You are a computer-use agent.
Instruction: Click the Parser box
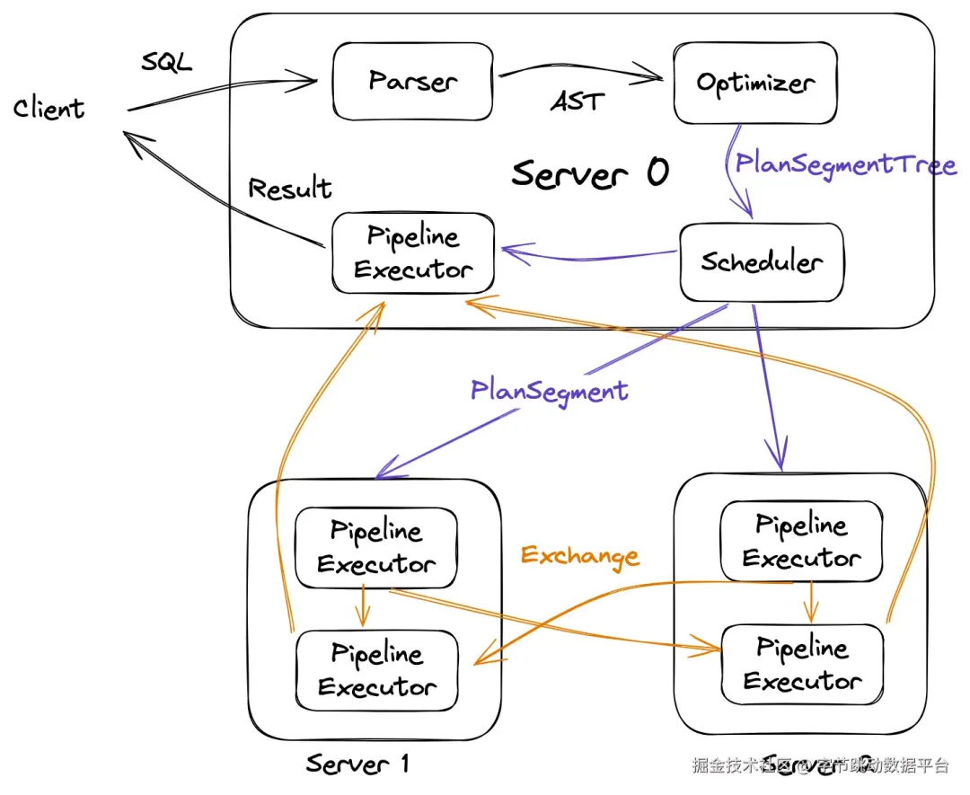click(412, 82)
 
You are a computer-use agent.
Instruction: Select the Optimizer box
click(755, 83)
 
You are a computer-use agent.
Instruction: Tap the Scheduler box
click(762, 262)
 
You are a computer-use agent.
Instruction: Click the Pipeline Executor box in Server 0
click(413, 253)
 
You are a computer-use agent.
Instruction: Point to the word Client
click(49, 109)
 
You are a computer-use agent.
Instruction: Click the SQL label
click(167, 63)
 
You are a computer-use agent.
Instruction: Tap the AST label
click(577, 102)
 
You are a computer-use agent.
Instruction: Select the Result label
click(289, 189)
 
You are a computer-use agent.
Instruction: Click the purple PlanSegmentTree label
click(845, 164)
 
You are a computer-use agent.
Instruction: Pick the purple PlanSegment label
click(549, 390)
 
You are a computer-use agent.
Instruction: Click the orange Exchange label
click(580, 555)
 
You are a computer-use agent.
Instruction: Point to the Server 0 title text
click(590, 172)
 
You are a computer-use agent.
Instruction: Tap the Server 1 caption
click(357, 764)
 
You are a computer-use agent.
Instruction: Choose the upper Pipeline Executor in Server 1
click(376, 547)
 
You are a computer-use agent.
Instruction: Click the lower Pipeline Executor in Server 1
click(377, 670)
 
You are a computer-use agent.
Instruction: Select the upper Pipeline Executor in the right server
click(801, 541)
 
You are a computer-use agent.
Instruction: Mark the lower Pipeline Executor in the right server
click(802, 664)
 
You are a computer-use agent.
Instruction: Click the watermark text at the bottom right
click(819, 765)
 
